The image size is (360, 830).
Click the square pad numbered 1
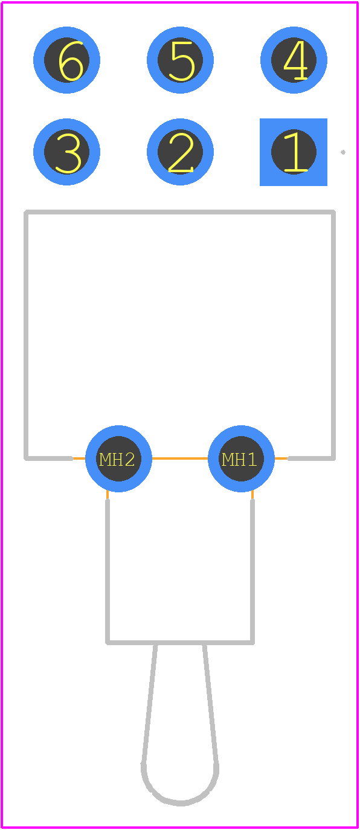click(294, 152)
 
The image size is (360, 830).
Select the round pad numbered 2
click(180, 152)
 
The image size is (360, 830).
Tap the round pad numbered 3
click(66, 152)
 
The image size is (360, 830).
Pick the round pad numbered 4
click(294, 60)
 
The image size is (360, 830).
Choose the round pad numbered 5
click(180, 60)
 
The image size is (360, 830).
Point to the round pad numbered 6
click(66, 60)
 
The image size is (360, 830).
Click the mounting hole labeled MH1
click(241, 458)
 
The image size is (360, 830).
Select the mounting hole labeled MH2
click(118, 458)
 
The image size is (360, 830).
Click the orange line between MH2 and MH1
click(180, 458)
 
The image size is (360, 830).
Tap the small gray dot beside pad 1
click(343, 152)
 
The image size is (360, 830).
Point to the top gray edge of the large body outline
click(179, 212)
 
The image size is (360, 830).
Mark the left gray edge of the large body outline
click(26, 335)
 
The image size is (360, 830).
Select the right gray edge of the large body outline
click(333, 335)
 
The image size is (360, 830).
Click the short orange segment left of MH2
click(79, 458)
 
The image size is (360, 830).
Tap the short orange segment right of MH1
click(281, 458)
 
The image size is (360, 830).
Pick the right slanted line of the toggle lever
click(210, 704)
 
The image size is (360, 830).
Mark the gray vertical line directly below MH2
click(108, 571)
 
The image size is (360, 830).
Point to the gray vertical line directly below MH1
click(252, 571)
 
